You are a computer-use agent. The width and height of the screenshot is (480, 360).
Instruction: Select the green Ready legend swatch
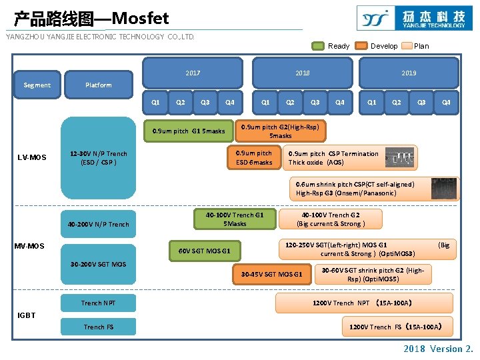(x=318, y=46)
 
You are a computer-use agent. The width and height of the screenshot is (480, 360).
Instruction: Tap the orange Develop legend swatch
(x=361, y=46)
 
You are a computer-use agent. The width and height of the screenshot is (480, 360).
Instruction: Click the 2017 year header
(x=193, y=73)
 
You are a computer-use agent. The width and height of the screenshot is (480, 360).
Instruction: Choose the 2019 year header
(x=409, y=73)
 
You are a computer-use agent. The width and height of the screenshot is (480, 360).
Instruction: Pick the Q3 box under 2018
(x=315, y=102)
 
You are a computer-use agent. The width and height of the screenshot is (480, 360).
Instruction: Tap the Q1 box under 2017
(x=155, y=102)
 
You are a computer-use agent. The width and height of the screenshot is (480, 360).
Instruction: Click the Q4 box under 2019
(x=446, y=102)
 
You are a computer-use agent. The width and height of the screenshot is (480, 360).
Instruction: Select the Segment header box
(x=37, y=85)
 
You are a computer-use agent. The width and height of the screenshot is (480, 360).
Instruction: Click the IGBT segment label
(x=27, y=315)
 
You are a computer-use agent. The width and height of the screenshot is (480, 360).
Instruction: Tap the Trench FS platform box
(x=99, y=327)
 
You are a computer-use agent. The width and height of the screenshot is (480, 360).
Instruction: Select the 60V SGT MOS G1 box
(x=205, y=251)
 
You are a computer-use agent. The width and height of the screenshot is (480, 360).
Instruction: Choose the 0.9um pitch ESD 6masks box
(x=254, y=157)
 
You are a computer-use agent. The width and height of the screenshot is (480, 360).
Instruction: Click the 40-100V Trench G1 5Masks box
(x=235, y=219)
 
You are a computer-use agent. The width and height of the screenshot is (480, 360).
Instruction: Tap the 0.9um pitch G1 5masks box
(x=189, y=131)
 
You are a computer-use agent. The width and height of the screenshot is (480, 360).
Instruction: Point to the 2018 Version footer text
(x=438, y=349)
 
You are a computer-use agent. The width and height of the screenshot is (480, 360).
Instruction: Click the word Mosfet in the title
(x=140, y=18)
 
